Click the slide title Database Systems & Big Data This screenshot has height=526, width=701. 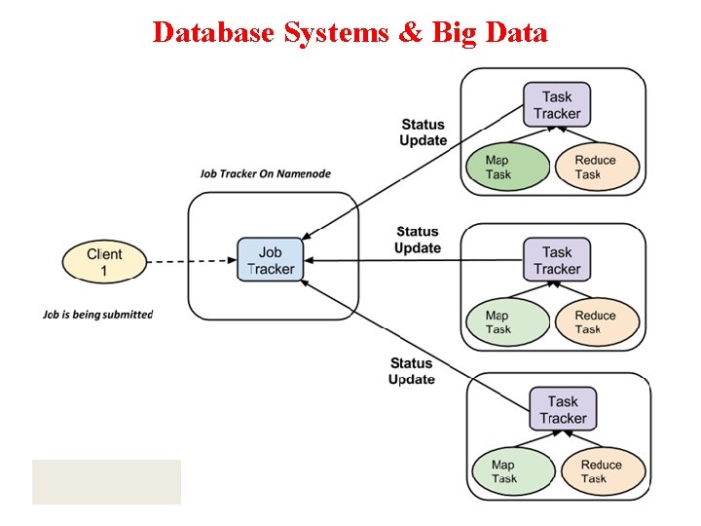coord(350,32)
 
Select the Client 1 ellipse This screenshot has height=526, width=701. coord(104,262)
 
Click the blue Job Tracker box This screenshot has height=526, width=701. coord(270,260)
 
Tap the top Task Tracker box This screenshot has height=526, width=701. coord(557,104)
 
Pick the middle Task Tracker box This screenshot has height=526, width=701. coord(557,260)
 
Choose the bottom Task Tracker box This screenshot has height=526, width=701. coord(563,409)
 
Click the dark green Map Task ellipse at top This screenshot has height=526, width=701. coord(498,168)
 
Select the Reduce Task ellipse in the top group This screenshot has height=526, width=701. coord(596,168)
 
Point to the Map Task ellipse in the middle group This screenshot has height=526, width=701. coord(498,322)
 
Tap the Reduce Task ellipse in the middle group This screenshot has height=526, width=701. coord(596,322)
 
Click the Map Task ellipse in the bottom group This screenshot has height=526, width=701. coord(503,471)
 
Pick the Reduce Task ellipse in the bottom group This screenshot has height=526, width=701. coord(602,471)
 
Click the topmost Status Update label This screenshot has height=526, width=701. coord(423,132)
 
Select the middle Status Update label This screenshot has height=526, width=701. coord(418,240)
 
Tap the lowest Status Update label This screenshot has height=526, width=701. coord(411,371)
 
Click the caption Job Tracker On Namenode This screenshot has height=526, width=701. coord(266,174)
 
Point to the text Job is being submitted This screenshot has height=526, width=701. coord(97,315)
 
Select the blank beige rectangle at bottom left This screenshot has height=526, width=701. coord(106,481)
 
